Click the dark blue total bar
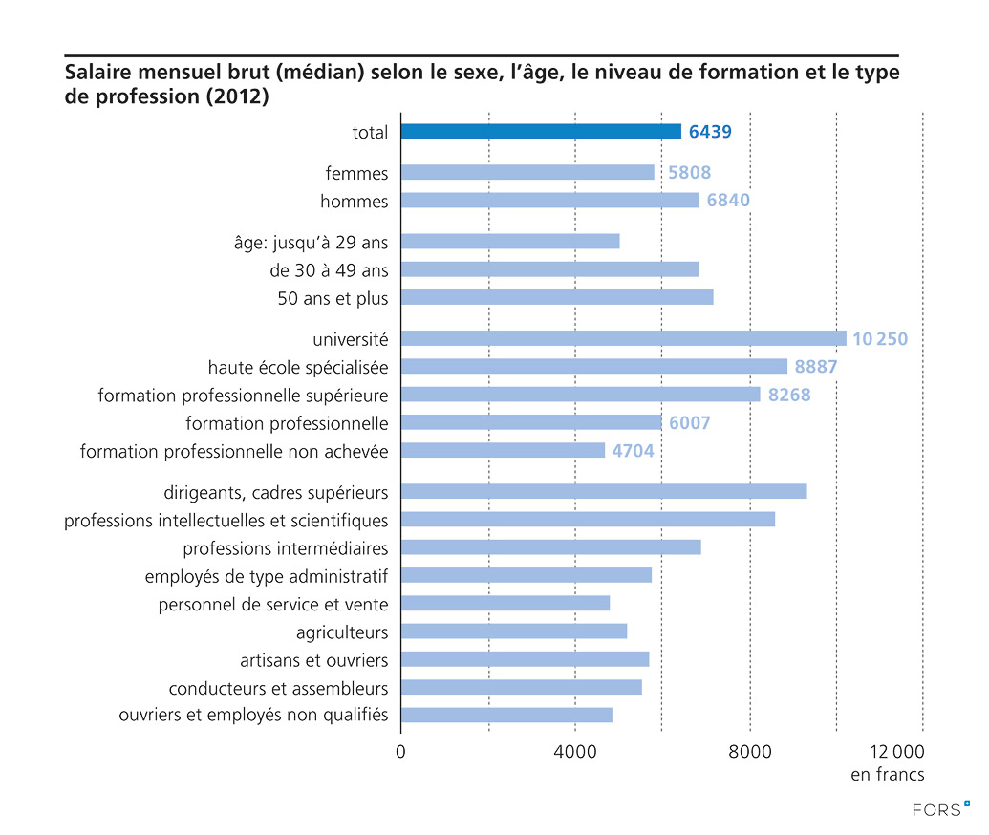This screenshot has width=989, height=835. [541, 132]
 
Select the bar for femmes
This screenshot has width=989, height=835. [527, 173]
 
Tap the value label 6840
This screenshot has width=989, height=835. [728, 201]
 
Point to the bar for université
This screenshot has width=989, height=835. [623, 338]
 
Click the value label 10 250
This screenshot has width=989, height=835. [879, 339]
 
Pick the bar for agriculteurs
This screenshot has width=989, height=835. [514, 632]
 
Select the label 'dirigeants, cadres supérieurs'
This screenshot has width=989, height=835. [275, 492]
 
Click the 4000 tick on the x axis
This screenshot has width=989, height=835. [575, 751]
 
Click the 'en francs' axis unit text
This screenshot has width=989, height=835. [887, 775]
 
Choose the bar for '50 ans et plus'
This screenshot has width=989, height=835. [557, 297]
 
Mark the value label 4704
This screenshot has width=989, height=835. [634, 451]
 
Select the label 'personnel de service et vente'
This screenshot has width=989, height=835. [273, 604]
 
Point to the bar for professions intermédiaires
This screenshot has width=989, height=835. [550, 547]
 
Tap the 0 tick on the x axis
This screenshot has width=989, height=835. [400, 751]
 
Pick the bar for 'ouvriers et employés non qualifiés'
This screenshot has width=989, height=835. [506, 715]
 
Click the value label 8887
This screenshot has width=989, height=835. [816, 367]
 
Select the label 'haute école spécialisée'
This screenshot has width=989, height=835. [298, 367]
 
